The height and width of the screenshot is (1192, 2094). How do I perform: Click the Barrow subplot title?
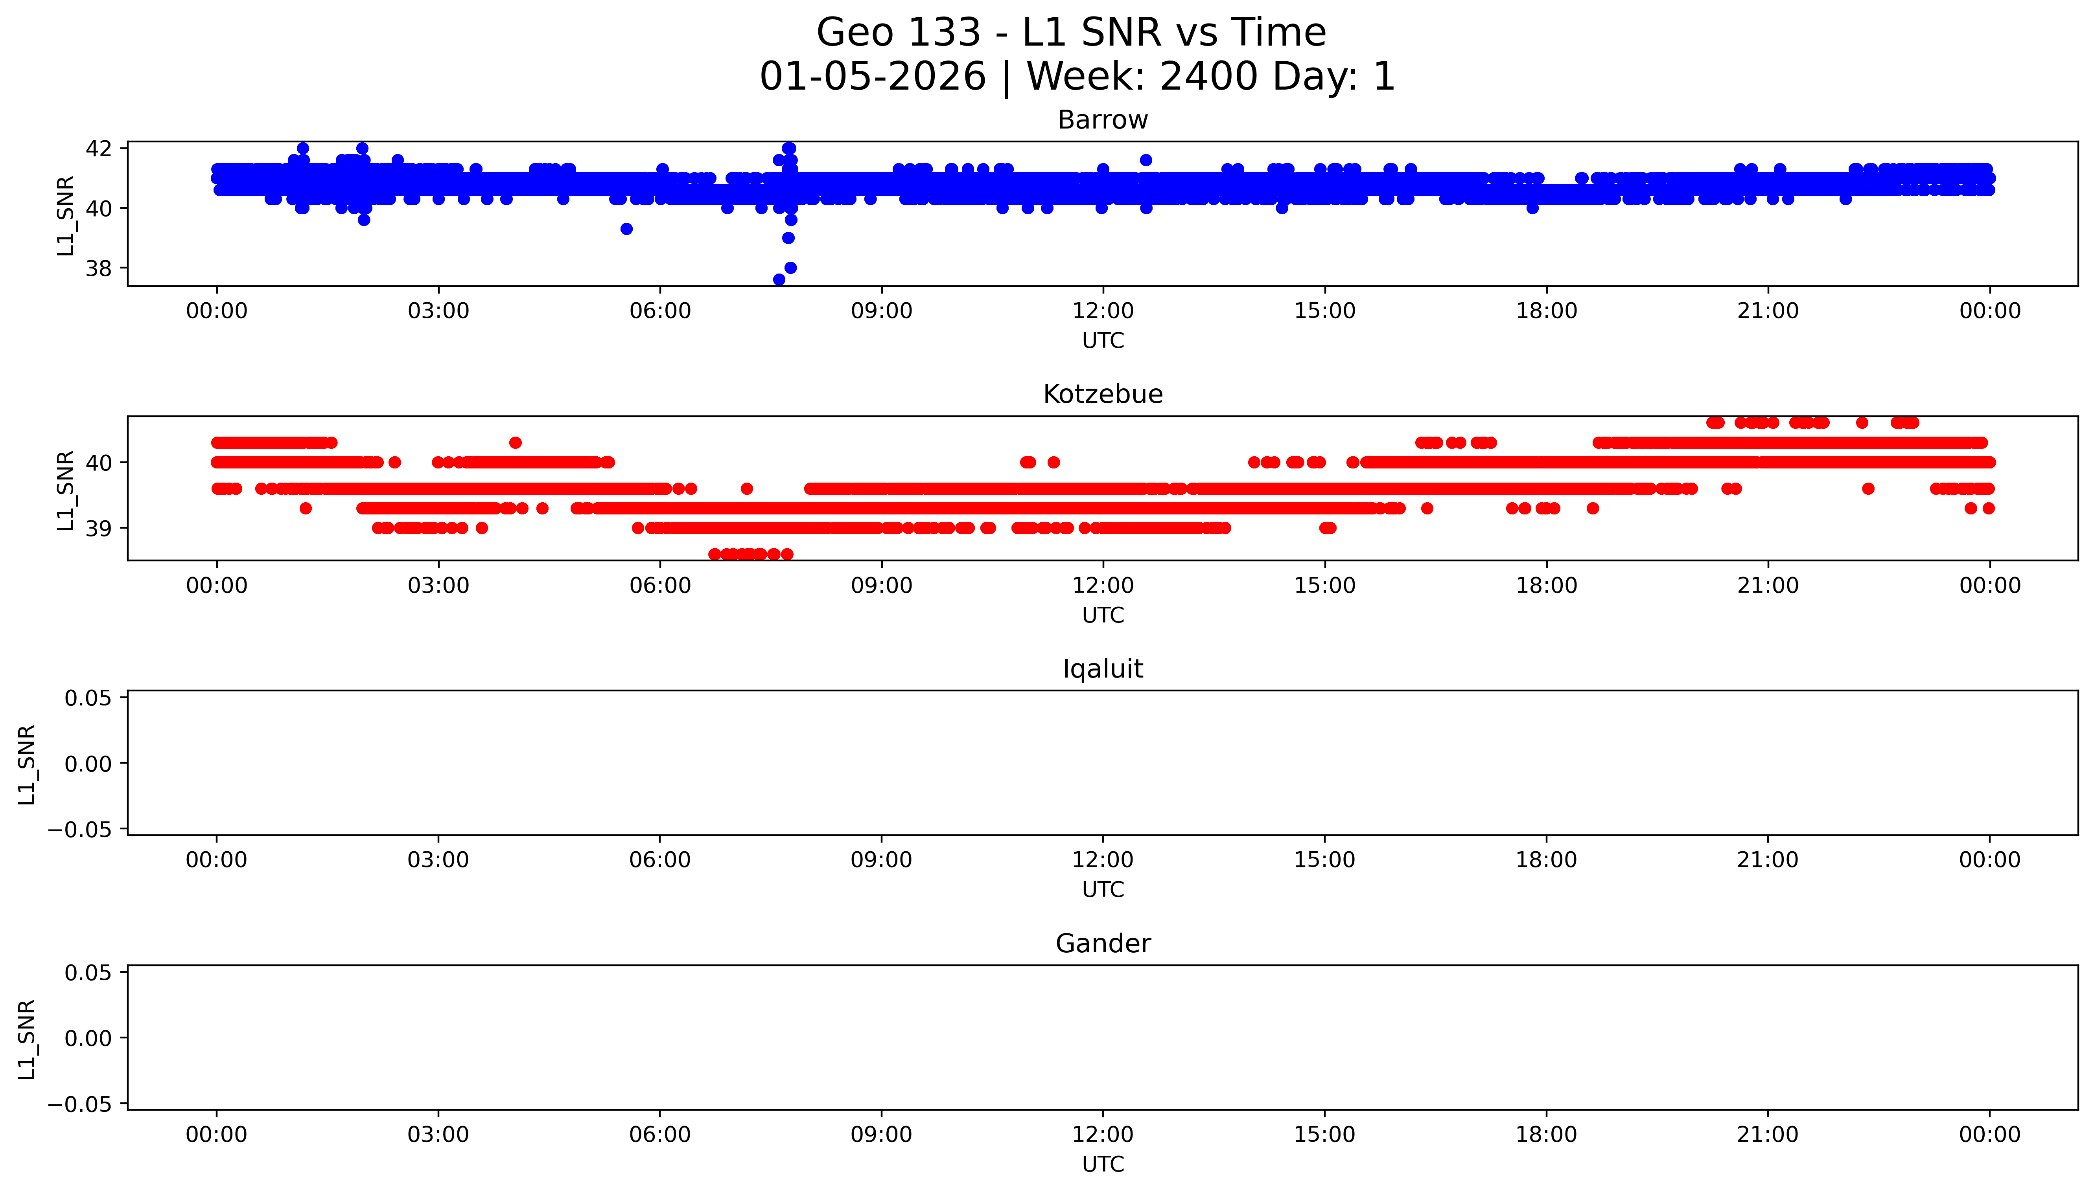(1102, 120)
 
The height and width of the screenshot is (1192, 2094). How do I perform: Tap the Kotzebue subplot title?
(1102, 395)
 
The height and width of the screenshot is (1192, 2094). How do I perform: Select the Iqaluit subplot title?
(1102, 669)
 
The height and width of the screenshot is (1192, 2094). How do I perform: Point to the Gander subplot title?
(1102, 944)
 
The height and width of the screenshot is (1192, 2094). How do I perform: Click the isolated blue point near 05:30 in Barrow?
(626, 229)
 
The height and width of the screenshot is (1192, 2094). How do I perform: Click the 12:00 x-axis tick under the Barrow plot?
(1103, 311)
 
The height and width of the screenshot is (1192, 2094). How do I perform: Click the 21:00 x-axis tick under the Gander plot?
(1768, 1135)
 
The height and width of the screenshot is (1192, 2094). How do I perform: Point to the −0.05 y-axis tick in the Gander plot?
(80, 1104)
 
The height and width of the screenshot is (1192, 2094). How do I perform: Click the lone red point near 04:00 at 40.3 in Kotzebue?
(515, 443)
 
